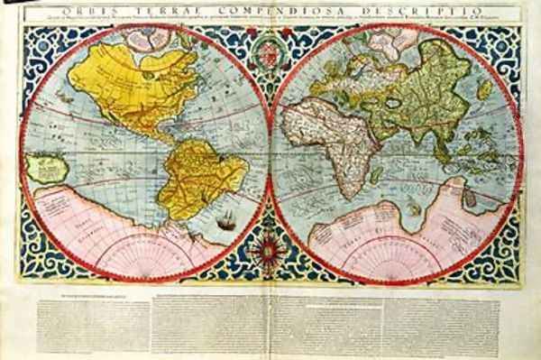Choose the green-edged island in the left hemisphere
point(46,166)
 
